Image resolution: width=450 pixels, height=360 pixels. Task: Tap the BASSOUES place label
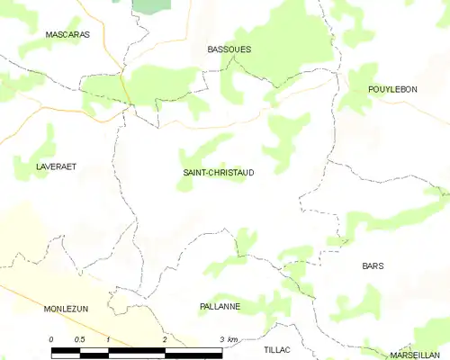229,49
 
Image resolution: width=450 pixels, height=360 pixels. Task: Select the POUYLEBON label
393,89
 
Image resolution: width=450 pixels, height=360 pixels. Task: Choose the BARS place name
373,266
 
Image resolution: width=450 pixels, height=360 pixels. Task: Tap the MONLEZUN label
66,308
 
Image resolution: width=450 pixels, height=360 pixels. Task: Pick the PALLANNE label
220,307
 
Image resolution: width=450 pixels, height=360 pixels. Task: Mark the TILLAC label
279,348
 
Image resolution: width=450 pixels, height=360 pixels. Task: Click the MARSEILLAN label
415,355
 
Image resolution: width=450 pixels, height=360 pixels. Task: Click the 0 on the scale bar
51,339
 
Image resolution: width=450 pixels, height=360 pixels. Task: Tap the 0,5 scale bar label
79,339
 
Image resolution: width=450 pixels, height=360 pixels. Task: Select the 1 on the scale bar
108,339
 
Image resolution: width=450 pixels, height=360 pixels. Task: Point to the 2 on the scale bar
165,339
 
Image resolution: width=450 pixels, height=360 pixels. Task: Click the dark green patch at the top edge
151,4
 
